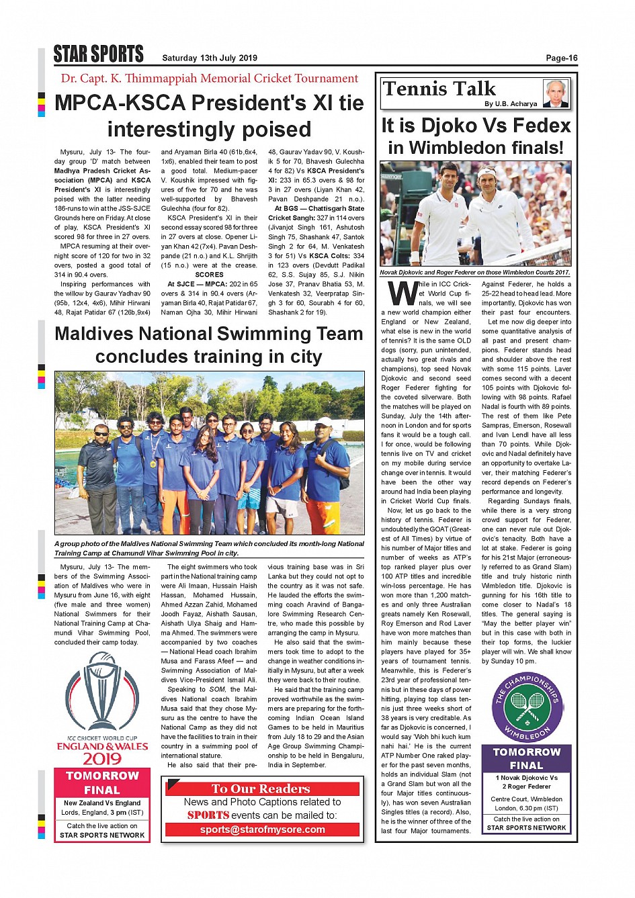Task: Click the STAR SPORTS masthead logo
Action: [x=99, y=54]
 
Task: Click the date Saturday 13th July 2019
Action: [x=210, y=58]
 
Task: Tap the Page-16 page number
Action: [x=561, y=58]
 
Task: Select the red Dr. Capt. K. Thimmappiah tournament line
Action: [x=210, y=79]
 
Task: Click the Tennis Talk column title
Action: [x=439, y=89]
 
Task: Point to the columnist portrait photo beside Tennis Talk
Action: [x=556, y=93]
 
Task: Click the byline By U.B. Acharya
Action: [x=511, y=104]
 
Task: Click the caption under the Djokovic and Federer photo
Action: [x=474, y=273]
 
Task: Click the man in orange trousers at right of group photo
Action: [x=326, y=470]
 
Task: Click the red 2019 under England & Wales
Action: [x=102, y=759]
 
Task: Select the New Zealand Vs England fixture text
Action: [x=102, y=803]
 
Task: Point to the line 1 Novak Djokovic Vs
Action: [x=527, y=778]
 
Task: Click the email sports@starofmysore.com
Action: [x=262, y=829]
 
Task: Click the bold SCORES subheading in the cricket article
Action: [x=209, y=275]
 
